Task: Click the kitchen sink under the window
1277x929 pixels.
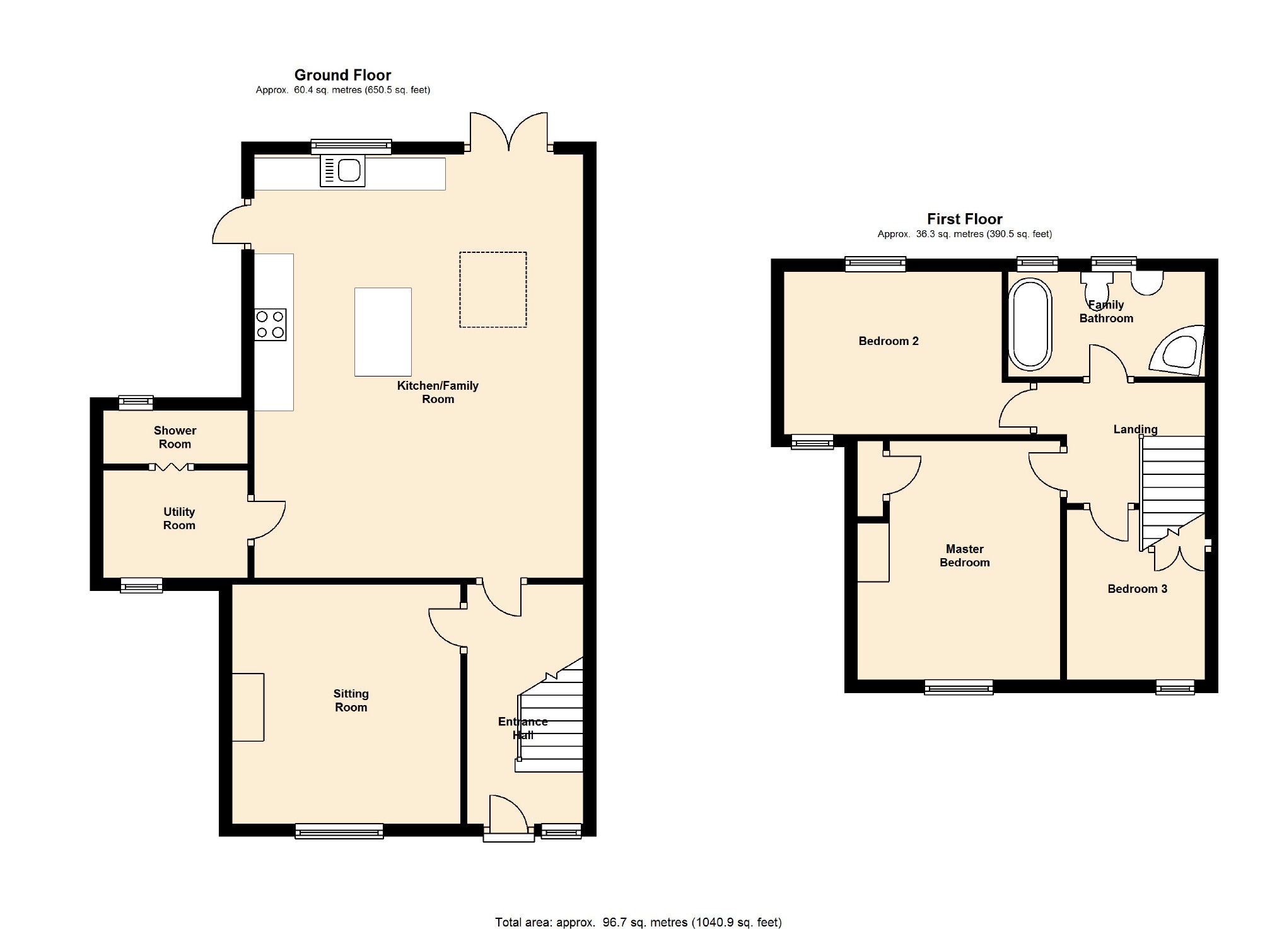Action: click(x=342, y=170)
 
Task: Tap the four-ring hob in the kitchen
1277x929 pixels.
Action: click(x=271, y=325)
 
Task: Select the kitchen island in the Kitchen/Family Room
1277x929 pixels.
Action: click(x=383, y=332)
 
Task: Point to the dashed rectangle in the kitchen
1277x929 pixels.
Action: click(x=493, y=289)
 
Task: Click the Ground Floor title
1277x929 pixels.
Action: click(x=343, y=75)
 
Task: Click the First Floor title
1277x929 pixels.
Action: click(x=965, y=219)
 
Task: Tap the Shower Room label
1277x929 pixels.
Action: click(x=175, y=437)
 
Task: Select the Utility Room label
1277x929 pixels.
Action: click(x=179, y=518)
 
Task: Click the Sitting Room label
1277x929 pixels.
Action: click(x=351, y=700)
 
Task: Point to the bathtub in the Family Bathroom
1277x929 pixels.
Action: click(x=1030, y=324)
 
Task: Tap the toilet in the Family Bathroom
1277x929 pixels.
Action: click(x=1097, y=289)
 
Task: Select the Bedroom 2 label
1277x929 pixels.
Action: click(x=889, y=341)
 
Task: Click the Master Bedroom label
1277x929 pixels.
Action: click(x=965, y=556)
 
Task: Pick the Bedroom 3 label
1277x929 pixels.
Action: click(x=1138, y=589)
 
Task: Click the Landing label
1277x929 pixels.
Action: click(x=1135, y=429)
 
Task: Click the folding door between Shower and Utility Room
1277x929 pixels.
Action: click(x=172, y=467)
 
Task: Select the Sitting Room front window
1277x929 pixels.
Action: click(x=339, y=831)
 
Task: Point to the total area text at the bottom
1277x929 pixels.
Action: click(x=638, y=922)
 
